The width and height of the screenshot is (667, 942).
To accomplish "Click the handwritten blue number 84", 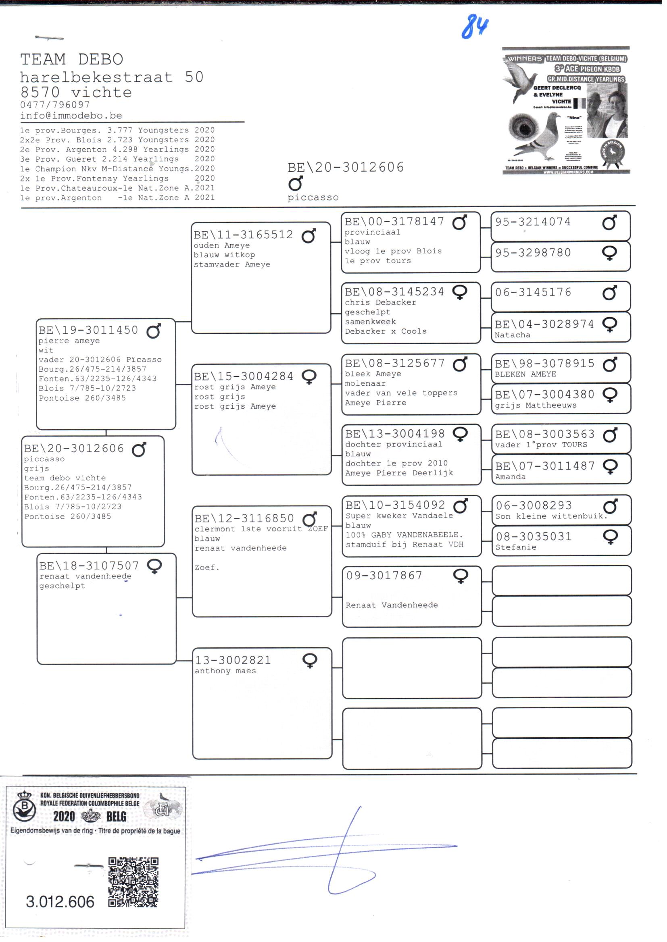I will click(x=474, y=27).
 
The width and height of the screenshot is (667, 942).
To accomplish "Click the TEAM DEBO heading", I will click(x=72, y=60).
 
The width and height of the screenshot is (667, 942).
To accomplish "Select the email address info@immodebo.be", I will click(x=71, y=116).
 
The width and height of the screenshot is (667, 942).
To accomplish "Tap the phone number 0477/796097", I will click(x=55, y=105).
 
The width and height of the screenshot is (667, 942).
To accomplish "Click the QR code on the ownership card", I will click(x=133, y=882).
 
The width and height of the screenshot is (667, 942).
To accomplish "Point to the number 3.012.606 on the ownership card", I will click(x=60, y=902).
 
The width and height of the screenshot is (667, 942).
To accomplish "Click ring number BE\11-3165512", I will click(x=244, y=235).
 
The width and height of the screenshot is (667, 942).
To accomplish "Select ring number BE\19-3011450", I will click(x=88, y=330).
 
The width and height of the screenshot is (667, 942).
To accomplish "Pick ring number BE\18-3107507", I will click(x=89, y=566).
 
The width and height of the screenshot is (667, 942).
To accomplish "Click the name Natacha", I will click(x=512, y=335).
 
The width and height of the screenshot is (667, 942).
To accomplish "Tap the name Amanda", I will click(x=510, y=476).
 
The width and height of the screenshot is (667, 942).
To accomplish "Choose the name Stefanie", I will click(x=515, y=547).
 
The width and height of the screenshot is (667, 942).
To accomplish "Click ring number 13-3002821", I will click(x=233, y=660).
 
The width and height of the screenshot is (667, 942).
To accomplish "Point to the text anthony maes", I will click(x=225, y=671).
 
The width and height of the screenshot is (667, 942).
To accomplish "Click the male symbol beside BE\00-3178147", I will click(x=459, y=222).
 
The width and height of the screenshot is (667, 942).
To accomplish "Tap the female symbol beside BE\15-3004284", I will click(x=309, y=376).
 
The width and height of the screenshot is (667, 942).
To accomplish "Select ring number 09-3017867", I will click(x=384, y=576).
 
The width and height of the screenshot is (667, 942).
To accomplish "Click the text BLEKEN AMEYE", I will click(x=525, y=374).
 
